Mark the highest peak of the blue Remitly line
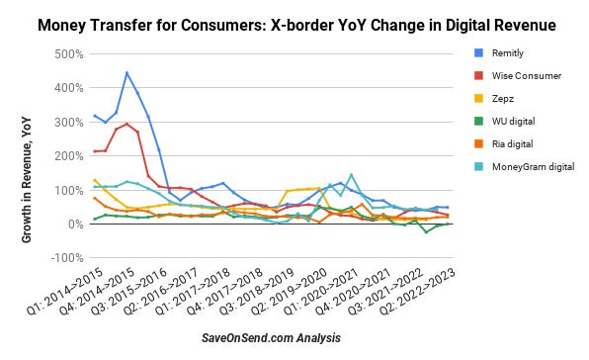click(126, 72)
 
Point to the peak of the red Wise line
click(126, 124)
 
